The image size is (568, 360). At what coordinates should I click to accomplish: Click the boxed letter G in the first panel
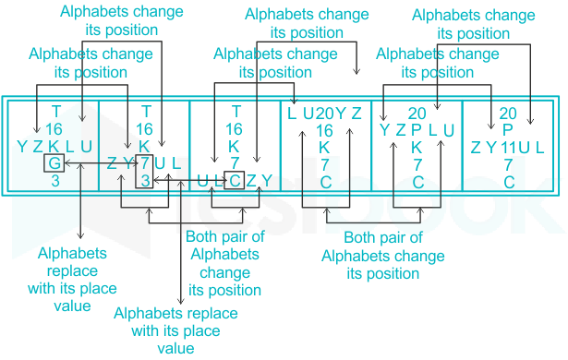tap(54, 163)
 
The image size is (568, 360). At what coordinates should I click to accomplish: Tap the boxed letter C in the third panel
tap(235, 180)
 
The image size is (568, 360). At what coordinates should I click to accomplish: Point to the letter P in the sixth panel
tap(508, 129)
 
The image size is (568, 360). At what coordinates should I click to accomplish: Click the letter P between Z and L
tap(417, 130)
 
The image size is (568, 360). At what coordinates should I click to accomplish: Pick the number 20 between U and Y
tap(324, 114)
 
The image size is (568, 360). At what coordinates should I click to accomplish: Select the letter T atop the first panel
tap(55, 112)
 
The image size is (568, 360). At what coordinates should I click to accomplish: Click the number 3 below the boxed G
tap(55, 180)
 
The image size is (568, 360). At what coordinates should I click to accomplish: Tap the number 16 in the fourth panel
tap(324, 131)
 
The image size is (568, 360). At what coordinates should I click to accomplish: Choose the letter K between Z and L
tap(54, 147)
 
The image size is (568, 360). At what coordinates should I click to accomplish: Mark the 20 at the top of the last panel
tap(508, 114)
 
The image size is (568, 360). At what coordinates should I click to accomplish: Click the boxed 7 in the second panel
tap(144, 163)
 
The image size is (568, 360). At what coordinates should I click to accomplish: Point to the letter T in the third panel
tap(236, 112)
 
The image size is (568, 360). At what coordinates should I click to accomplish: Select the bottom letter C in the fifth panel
tap(417, 182)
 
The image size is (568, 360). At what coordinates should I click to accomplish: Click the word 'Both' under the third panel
tap(199, 237)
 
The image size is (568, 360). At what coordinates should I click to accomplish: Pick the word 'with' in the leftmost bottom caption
tap(40, 289)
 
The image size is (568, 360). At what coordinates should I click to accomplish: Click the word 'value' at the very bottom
tap(175, 348)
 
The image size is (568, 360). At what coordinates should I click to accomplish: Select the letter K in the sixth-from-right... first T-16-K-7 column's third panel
tap(234, 147)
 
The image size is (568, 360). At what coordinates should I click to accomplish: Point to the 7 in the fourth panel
tap(324, 165)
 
